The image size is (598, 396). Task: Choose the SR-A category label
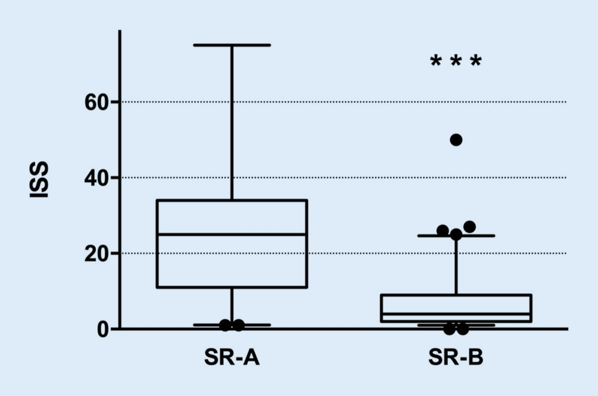tap(232, 358)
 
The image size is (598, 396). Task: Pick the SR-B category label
tap(456, 358)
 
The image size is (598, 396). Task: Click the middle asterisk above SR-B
tap(456, 61)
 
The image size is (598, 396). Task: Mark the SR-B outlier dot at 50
tap(456, 140)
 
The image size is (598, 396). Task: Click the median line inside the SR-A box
tap(232, 234)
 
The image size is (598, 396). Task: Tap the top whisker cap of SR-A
tap(232, 45)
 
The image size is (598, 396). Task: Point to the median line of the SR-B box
tap(456, 314)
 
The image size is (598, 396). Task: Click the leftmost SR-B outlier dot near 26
tap(443, 230)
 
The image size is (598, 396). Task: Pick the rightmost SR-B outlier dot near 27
tap(469, 227)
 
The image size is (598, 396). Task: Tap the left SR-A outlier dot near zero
tap(225, 325)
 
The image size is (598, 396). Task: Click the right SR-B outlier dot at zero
tap(463, 329)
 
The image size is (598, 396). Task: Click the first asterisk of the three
tap(436, 61)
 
